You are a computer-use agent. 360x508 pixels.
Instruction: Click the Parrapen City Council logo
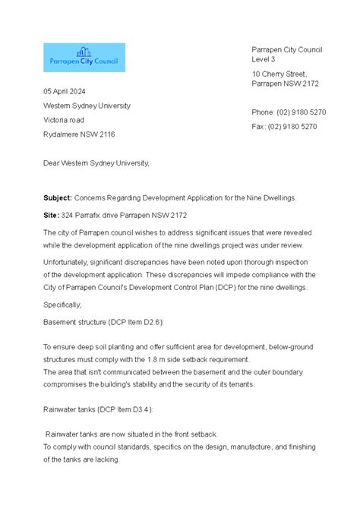[x=84, y=58]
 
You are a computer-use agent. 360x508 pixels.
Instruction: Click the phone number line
[x=289, y=112]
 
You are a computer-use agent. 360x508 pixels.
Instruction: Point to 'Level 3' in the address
[x=264, y=59]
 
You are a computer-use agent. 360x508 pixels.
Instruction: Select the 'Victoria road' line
[x=64, y=120]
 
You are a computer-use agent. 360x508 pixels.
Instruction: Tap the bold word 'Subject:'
[x=58, y=197]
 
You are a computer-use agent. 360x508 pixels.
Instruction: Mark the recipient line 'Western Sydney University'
[x=87, y=106]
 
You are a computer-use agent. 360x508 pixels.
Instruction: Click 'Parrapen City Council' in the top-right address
[x=287, y=49]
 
